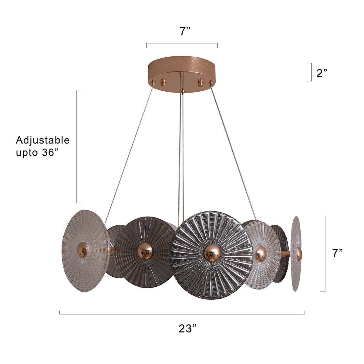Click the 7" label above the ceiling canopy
[x=185, y=31]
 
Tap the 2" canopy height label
[x=322, y=73]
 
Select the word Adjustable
[x=43, y=140]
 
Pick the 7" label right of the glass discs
[x=337, y=253]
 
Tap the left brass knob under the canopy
[x=163, y=83]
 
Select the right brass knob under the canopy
[x=201, y=83]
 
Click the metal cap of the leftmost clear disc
[x=83, y=250]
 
